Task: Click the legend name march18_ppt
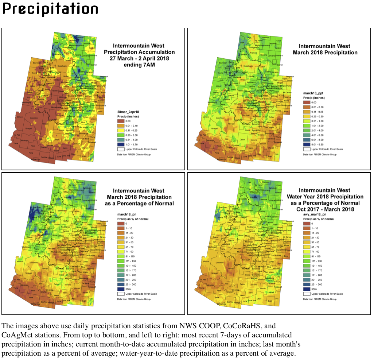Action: click(x=313, y=93)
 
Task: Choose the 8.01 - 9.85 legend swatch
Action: click(x=307, y=144)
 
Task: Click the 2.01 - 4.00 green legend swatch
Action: click(x=307, y=130)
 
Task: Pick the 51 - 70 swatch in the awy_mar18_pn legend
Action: click(x=307, y=247)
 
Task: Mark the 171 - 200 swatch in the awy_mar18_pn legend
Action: click(x=307, y=275)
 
